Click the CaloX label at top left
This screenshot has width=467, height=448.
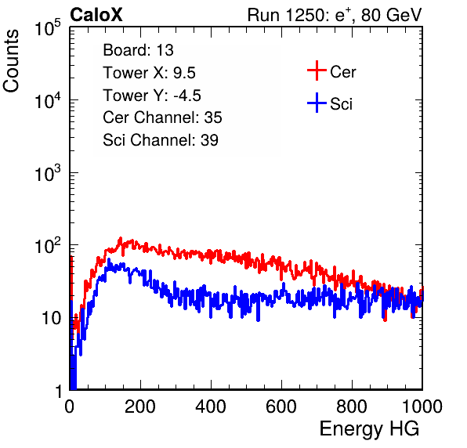pos(96,15)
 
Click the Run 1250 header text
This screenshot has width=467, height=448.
pos(335,15)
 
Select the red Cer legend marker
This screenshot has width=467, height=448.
pos(317,70)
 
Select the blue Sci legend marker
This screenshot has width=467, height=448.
pos(317,103)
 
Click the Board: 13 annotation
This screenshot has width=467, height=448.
pos(138,50)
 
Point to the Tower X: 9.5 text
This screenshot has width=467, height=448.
pos(149,73)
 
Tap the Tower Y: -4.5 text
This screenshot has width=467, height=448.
pos(152,96)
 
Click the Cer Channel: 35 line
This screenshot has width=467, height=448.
pos(162,117)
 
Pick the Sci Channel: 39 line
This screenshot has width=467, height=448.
pos(161,140)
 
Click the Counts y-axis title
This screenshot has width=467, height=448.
pos(11,61)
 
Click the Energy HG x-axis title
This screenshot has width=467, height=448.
pos(369,429)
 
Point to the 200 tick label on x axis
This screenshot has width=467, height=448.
pos(140,406)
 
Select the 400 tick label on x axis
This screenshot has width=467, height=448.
pos(211,406)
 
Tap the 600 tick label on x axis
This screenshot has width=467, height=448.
pos(281,406)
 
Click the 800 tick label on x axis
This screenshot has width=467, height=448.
pos(352,406)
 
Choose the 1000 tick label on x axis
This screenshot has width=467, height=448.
pos(422,406)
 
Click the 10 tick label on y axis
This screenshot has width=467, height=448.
pos(51,318)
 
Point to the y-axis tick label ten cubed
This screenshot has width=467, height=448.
pos(48,173)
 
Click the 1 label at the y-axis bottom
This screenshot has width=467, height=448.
pos(58,391)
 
